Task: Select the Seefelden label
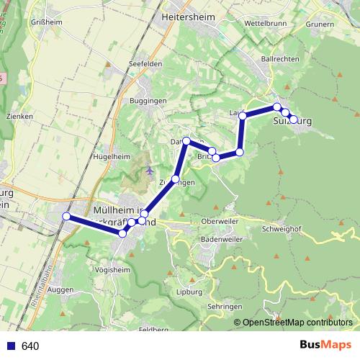tap(144, 64)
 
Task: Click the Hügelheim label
tap(112, 156)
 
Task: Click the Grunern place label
tap(320, 24)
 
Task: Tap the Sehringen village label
tap(225, 306)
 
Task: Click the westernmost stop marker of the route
tap(66, 217)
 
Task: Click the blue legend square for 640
tap(10, 346)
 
